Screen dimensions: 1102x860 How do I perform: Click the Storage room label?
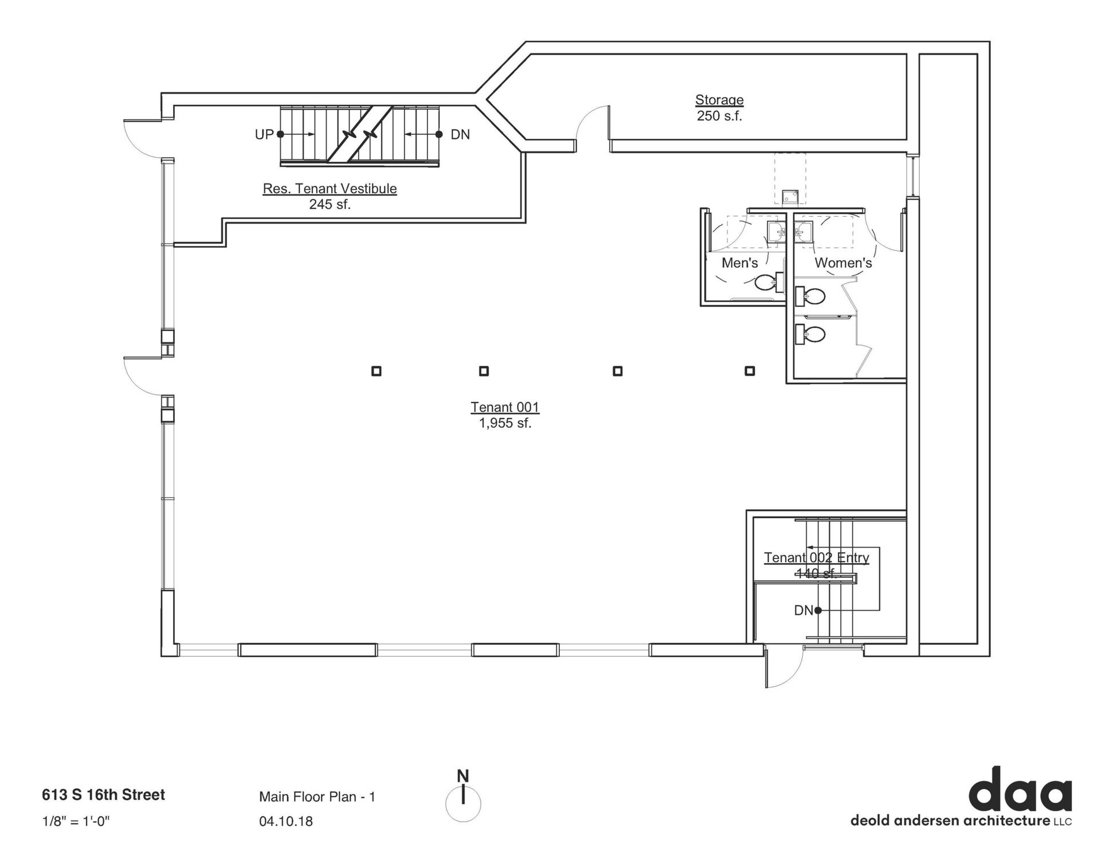(x=719, y=100)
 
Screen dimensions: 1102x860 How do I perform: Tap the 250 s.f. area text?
(x=719, y=116)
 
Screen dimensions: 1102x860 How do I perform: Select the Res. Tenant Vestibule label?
(x=330, y=189)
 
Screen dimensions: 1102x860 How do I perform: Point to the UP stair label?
(x=264, y=135)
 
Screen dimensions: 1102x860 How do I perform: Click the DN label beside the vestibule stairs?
(x=460, y=135)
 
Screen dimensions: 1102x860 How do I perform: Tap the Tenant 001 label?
(x=505, y=407)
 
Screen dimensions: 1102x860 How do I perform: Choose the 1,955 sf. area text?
(x=505, y=424)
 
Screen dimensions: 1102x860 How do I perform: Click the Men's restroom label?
(x=739, y=263)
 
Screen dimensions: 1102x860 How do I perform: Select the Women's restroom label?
(x=843, y=263)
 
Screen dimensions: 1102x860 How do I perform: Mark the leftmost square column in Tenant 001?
(x=377, y=371)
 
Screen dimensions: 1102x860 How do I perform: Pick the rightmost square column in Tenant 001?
(x=750, y=371)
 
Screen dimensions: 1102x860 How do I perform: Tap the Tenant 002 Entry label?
(x=817, y=557)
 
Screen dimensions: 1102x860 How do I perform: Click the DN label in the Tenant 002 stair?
(x=803, y=611)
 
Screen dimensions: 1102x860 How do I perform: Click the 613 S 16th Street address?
(x=103, y=795)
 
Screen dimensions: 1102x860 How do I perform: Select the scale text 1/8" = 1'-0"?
(x=76, y=821)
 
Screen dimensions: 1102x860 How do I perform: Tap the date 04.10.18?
(x=286, y=821)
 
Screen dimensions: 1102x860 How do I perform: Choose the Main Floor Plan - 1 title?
(x=317, y=796)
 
